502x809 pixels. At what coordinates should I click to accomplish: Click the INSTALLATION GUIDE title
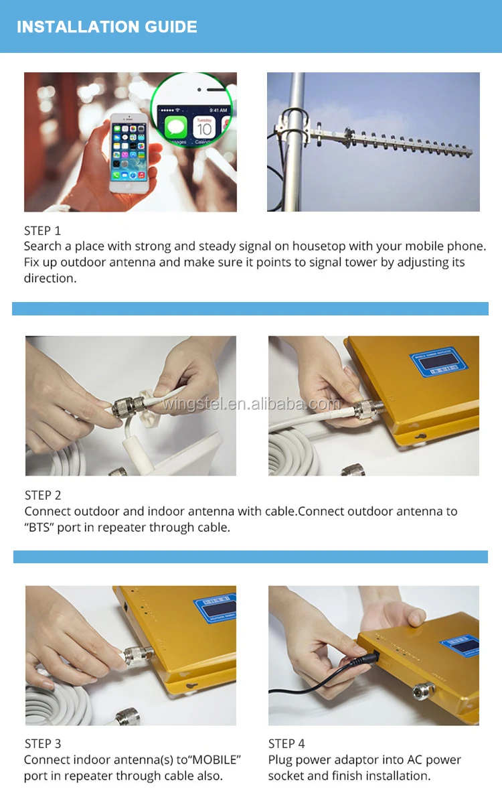point(107,27)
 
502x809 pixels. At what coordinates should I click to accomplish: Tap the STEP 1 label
point(42,230)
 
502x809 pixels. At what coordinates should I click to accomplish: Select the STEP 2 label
point(43,495)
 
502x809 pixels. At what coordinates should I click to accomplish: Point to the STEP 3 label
point(43,743)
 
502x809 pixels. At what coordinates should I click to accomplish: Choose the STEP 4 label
point(286,743)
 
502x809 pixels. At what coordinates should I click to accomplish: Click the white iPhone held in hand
point(129,153)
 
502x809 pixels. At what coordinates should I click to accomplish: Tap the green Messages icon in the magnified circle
point(176,127)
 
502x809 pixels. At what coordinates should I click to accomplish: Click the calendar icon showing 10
point(204,127)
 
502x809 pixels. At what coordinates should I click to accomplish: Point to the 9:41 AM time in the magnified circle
point(218,110)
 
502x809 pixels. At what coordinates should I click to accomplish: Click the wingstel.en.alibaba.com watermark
point(252,404)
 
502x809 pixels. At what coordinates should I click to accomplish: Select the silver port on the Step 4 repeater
point(424,689)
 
